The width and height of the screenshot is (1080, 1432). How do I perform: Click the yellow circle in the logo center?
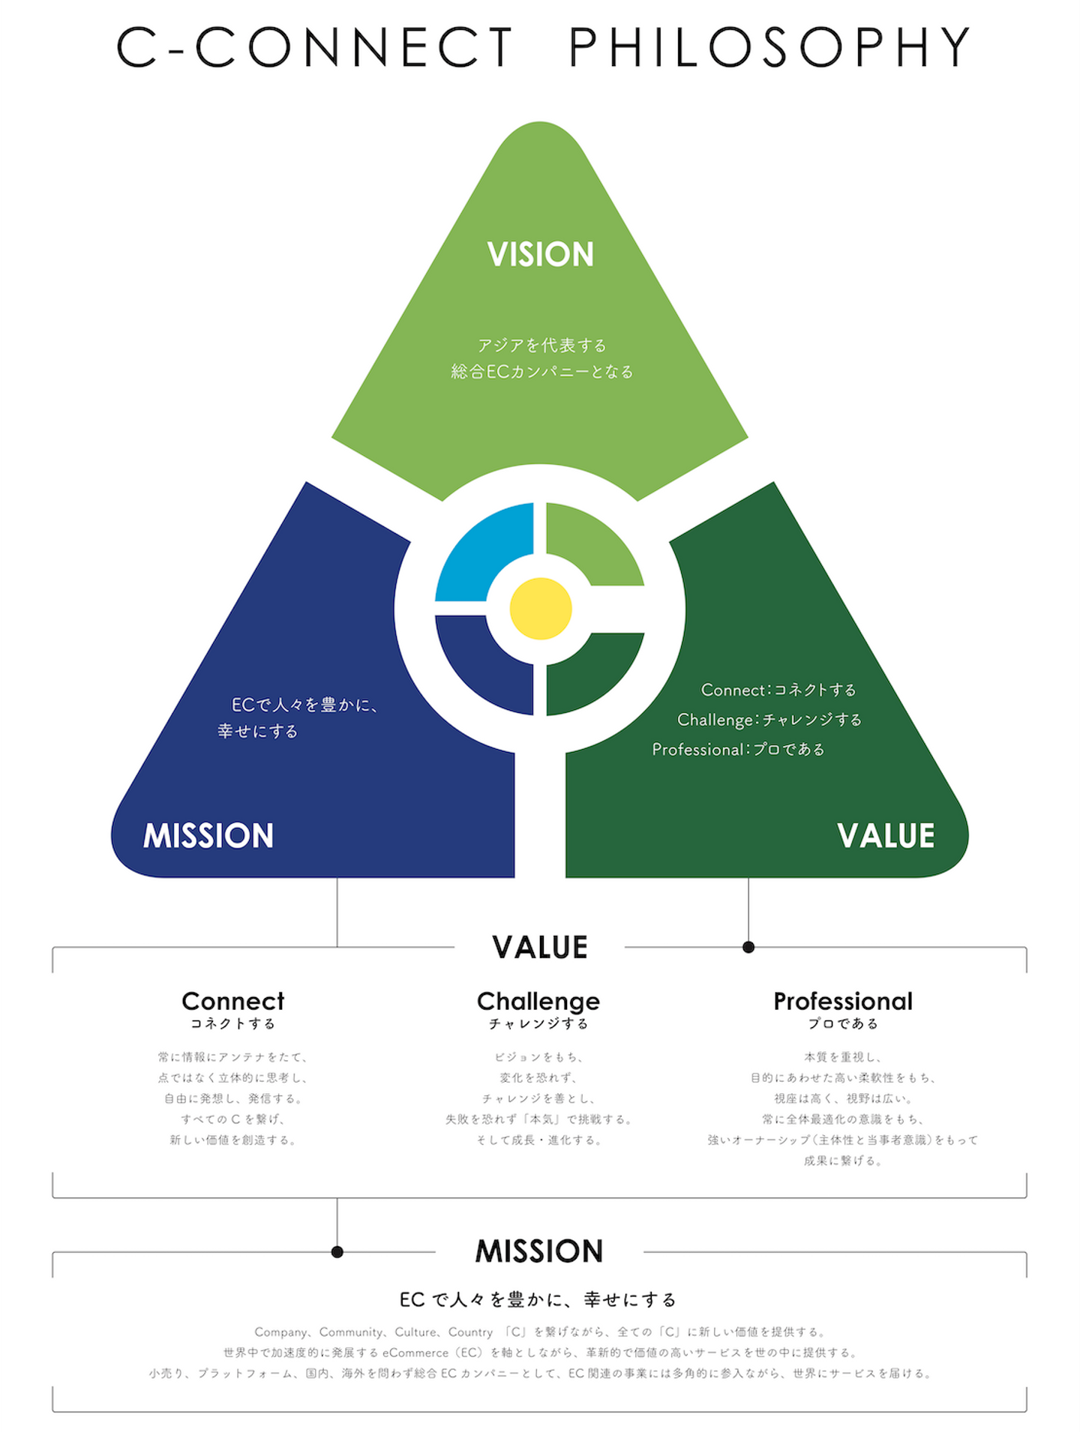[x=540, y=609]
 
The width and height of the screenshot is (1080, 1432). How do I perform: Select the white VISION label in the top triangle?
[x=540, y=255]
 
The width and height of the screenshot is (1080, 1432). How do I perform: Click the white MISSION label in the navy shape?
[x=208, y=836]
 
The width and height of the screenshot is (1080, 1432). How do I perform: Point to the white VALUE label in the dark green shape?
[x=886, y=836]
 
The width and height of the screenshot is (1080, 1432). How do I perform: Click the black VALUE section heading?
[x=540, y=948]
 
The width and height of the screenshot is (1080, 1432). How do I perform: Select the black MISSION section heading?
[x=539, y=1251]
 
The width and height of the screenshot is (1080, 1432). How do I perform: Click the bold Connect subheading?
[x=233, y=1002]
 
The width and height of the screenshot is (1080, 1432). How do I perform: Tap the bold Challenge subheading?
[x=538, y=1002]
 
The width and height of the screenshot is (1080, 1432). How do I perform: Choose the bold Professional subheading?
[x=843, y=1002]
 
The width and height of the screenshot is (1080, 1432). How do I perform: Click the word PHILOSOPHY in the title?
[x=769, y=48]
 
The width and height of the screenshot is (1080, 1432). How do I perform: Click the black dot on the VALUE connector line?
[x=748, y=948]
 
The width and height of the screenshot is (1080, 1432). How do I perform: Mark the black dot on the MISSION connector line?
[x=337, y=1252]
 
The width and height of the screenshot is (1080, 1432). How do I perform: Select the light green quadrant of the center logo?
[x=589, y=544]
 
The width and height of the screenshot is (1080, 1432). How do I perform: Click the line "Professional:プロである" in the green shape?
[x=738, y=750]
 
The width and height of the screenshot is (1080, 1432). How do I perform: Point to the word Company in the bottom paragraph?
[x=281, y=1332]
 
